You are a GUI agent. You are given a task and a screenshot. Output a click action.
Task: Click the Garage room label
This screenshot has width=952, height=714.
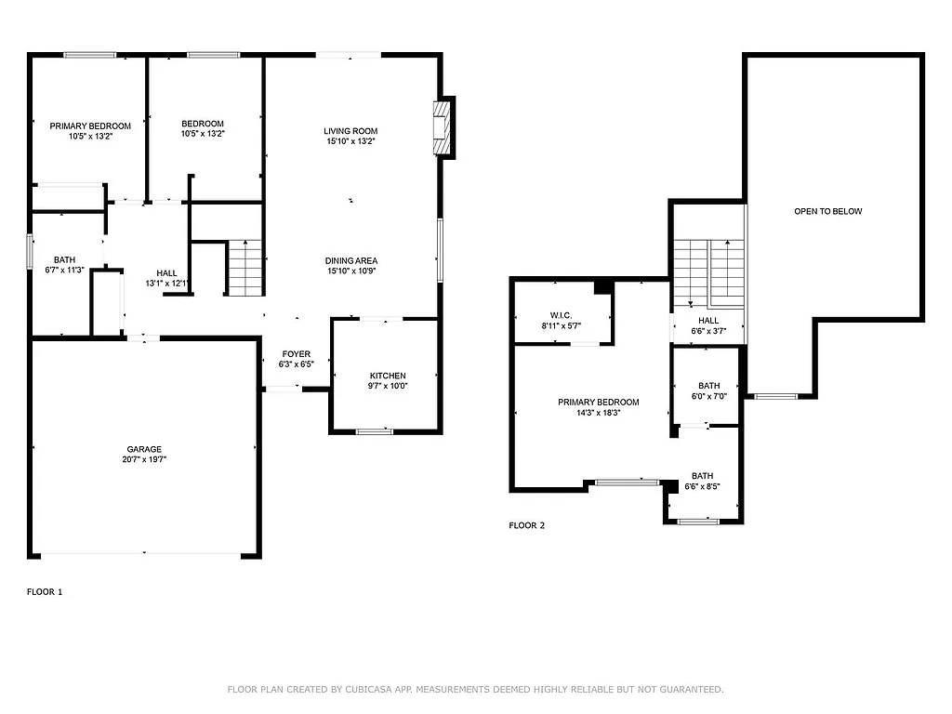pyautogui.click(x=144, y=449)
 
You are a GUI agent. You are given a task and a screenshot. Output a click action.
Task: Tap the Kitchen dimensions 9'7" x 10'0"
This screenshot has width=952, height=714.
pyautogui.click(x=388, y=386)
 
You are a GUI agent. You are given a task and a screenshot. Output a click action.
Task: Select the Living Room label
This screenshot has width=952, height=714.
pyautogui.click(x=350, y=131)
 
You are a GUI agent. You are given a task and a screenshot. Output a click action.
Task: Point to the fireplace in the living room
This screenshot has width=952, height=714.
pyautogui.click(x=442, y=126)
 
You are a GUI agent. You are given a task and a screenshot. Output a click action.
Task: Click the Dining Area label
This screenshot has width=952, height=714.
pyautogui.click(x=350, y=260)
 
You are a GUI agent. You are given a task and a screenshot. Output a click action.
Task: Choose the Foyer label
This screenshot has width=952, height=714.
pyautogui.click(x=297, y=354)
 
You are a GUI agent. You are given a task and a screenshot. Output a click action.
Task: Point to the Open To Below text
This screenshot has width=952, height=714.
pyautogui.click(x=827, y=211)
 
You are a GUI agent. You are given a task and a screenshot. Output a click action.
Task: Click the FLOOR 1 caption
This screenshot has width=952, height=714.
pyautogui.click(x=45, y=591)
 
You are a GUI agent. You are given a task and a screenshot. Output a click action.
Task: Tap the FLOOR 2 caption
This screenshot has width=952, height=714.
pyautogui.click(x=526, y=525)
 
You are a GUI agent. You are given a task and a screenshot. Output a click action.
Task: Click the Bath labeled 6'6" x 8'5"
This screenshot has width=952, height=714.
pyautogui.click(x=702, y=481)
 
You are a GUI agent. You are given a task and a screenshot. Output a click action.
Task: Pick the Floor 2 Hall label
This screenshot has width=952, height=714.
pyautogui.click(x=708, y=321)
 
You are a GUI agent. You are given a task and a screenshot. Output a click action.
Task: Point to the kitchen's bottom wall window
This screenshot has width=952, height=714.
pyautogui.click(x=375, y=430)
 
